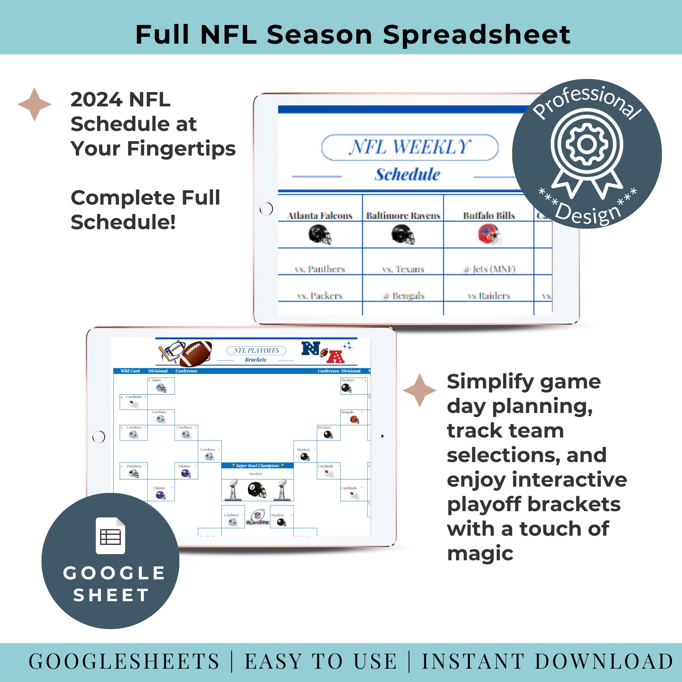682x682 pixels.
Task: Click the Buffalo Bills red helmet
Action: (x=490, y=235)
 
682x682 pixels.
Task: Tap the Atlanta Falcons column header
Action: (x=320, y=215)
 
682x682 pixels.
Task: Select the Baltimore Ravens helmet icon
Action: (x=403, y=235)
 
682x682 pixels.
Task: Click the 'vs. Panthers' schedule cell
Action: (x=320, y=269)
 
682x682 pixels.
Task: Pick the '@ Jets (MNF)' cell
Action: (x=489, y=269)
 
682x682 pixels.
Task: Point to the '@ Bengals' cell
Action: (x=403, y=296)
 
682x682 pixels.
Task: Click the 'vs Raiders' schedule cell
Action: (x=489, y=296)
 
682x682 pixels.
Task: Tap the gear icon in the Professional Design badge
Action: (x=587, y=144)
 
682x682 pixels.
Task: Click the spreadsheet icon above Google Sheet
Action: (x=110, y=535)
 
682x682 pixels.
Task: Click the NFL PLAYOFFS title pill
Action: (x=256, y=351)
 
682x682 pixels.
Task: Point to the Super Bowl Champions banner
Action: (x=257, y=465)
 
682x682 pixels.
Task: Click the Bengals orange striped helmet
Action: (x=354, y=419)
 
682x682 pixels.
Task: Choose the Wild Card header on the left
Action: (x=130, y=371)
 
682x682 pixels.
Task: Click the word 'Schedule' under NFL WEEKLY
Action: (x=407, y=174)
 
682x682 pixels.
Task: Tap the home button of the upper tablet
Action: (x=266, y=209)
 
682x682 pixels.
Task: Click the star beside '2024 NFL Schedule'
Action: (x=34, y=104)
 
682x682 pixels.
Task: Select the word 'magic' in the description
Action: (x=480, y=553)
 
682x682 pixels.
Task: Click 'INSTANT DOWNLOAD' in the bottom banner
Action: (x=548, y=662)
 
